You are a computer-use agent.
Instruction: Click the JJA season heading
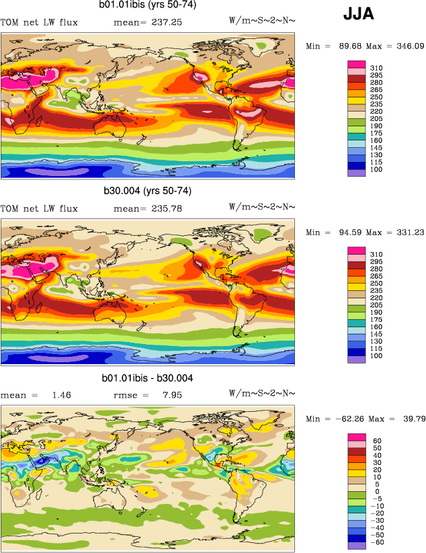coord(359,13)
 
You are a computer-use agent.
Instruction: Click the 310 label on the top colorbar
coord(376,69)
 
